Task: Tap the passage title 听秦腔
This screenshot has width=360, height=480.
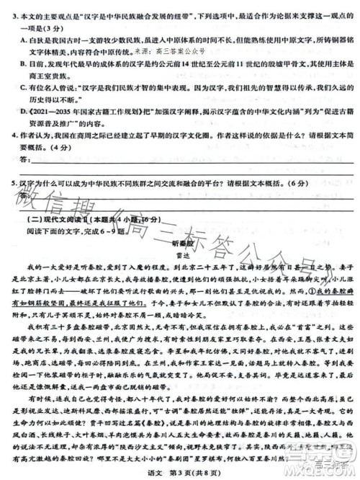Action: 180,243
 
